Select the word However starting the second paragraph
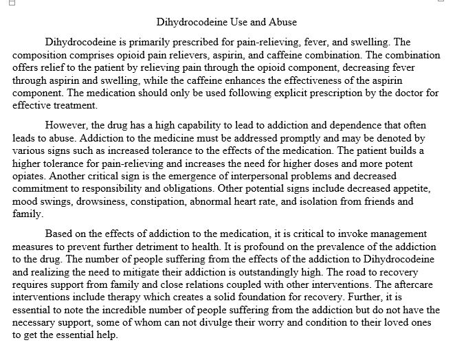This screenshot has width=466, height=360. coord(67,126)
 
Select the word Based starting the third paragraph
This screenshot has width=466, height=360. coord(60,234)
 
